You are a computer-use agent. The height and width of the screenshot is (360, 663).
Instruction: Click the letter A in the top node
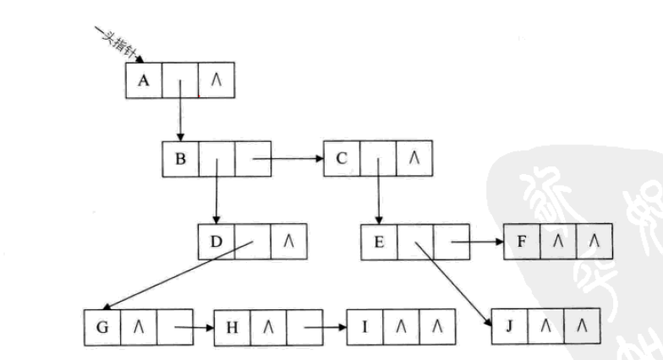click(143, 80)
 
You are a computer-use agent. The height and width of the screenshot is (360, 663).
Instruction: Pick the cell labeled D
click(216, 243)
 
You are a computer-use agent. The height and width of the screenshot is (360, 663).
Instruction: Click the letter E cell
click(378, 243)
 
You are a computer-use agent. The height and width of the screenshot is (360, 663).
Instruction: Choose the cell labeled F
click(522, 243)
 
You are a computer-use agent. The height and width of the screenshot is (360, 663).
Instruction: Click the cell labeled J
click(508, 325)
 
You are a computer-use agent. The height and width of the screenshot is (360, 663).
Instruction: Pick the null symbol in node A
click(216, 81)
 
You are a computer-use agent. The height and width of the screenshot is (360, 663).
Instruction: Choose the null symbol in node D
click(288, 243)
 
